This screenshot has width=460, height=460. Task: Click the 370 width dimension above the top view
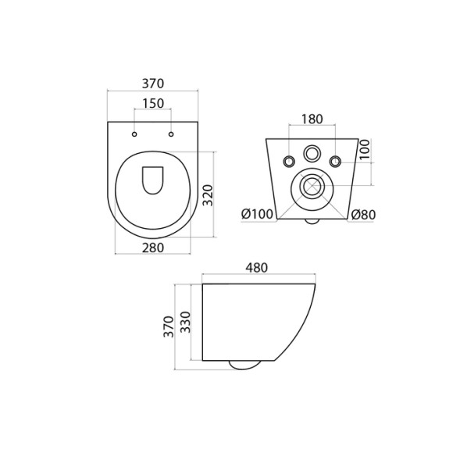[x=153, y=84]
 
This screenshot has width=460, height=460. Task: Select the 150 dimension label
[x=153, y=103]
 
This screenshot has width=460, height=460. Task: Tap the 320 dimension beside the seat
[x=208, y=195]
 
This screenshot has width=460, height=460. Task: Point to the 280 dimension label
[x=153, y=248]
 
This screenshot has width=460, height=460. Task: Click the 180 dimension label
[x=312, y=119]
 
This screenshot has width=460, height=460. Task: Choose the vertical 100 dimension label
[x=366, y=149]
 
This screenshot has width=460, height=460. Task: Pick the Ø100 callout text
[x=257, y=214]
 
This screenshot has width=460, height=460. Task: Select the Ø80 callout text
[x=363, y=215]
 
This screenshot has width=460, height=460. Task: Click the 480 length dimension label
[x=257, y=268]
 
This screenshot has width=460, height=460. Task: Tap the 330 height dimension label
[x=185, y=322]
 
